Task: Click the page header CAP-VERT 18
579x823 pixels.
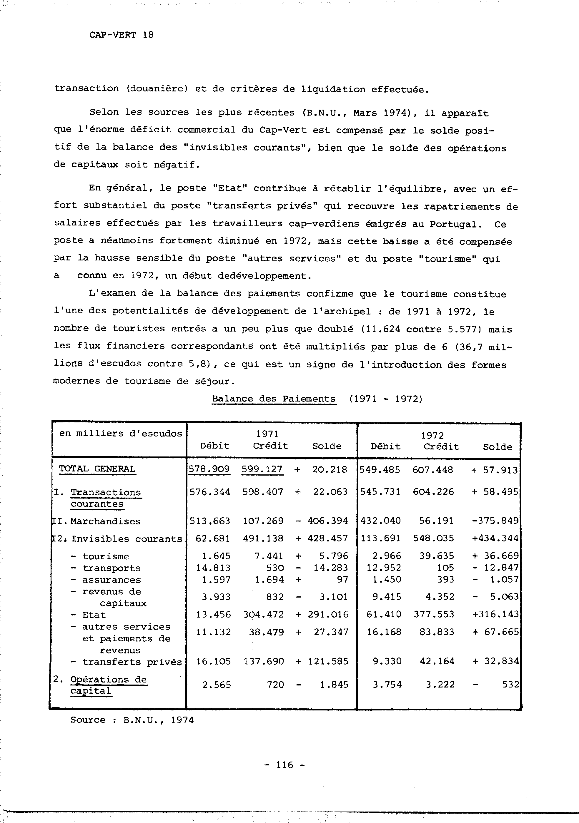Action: coord(121,35)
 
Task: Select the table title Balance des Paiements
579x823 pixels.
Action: coord(274,399)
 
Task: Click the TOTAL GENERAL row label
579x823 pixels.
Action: coord(97,469)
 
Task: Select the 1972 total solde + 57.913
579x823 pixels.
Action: coord(495,470)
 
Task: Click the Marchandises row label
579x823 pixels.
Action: coord(105,521)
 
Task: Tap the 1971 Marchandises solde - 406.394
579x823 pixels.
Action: coord(322,521)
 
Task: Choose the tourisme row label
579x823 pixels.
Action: coord(105,556)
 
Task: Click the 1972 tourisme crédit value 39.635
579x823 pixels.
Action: coord(437,556)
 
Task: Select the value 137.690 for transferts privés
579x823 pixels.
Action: coord(264,661)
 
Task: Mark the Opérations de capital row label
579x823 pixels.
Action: coord(108,685)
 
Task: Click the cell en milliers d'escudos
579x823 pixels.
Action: coord(121,434)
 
